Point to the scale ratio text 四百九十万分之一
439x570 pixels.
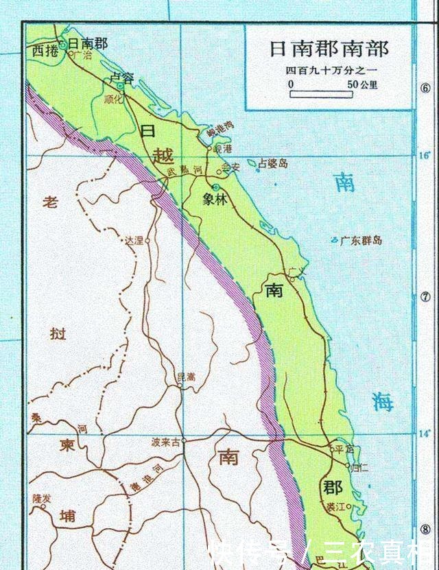(x=328, y=71)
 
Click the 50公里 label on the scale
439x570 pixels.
(x=363, y=84)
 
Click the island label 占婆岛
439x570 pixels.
(x=274, y=164)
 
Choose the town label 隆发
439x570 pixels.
(x=42, y=497)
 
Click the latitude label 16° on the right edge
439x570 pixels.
(x=425, y=156)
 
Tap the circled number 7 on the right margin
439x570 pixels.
(x=425, y=297)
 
